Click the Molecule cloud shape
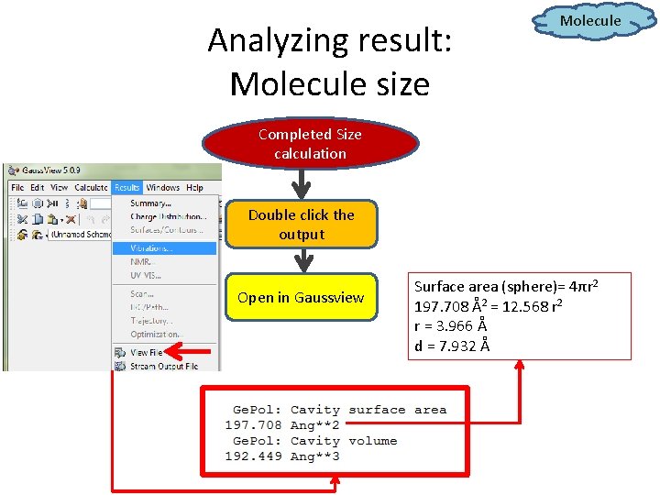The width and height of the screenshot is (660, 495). coord(589,20)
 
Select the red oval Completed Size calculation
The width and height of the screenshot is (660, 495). coord(310,144)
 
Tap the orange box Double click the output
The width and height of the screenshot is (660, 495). coord(301,225)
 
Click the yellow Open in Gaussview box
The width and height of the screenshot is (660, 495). coord(301,297)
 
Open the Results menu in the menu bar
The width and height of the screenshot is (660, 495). coord(126,188)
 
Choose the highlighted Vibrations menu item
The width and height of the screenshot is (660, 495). coord(151,247)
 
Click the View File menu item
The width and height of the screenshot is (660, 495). coord(146,352)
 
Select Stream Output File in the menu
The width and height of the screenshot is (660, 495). coord(164,366)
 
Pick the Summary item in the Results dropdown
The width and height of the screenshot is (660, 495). coord(151,203)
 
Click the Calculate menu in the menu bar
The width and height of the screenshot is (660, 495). coord(91,188)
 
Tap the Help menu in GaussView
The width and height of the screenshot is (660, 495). coord(194,188)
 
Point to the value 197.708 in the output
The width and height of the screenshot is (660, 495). coord(253,425)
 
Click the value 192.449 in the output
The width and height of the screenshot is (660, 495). coord(253,456)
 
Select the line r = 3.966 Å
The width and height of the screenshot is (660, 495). coord(450,325)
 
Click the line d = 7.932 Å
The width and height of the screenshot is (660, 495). coord(452,346)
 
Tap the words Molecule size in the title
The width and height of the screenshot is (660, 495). coord(329,83)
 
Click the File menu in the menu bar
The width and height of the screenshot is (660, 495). coord(17,188)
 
